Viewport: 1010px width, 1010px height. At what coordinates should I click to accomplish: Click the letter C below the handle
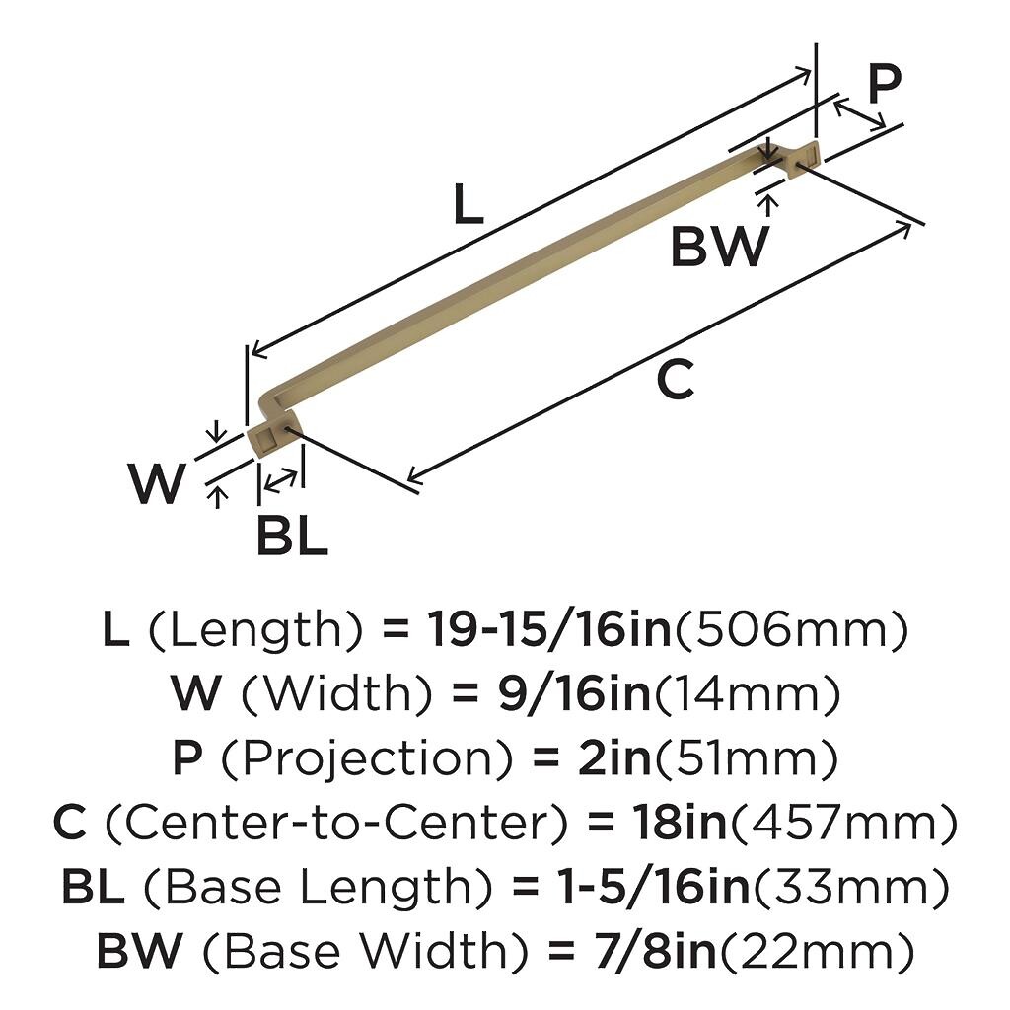[676, 381]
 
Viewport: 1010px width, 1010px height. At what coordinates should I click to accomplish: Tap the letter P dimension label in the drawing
[884, 85]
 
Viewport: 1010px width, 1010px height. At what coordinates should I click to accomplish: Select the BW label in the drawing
[718, 247]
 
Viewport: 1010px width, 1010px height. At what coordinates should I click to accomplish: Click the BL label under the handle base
[292, 537]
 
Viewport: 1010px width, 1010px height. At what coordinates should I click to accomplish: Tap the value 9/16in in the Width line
[552, 695]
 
